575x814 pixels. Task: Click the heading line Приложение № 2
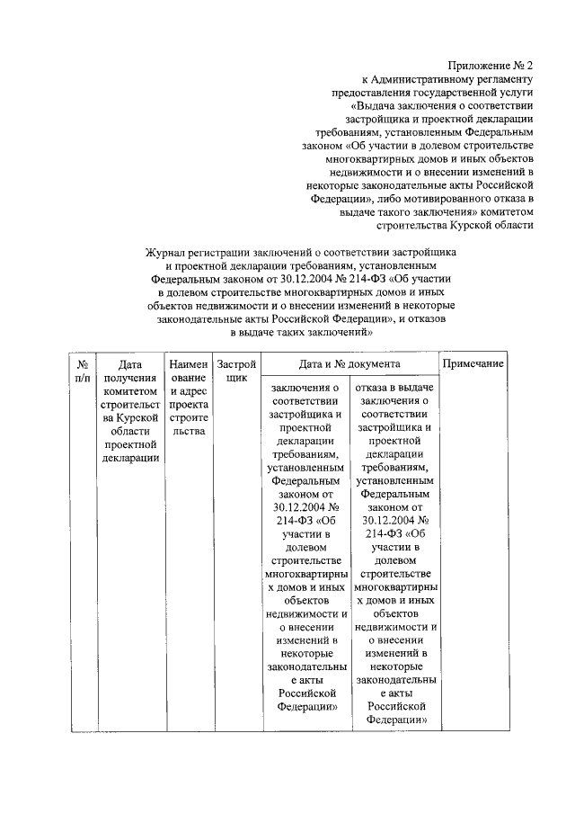(x=491, y=66)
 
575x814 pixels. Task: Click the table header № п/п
(x=83, y=371)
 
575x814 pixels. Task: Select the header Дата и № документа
(x=349, y=364)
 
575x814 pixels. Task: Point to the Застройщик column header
(x=237, y=371)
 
